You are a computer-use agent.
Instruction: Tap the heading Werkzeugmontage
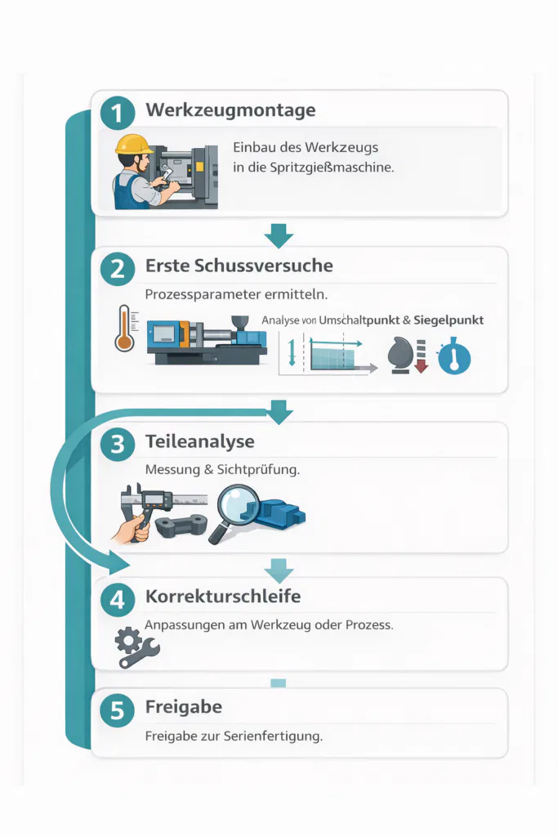pyautogui.click(x=230, y=110)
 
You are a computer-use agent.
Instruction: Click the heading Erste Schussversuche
pyautogui.click(x=239, y=266)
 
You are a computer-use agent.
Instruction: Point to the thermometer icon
pyautogui.click(x=125, y=329)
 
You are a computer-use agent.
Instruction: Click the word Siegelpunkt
pyautogui.click(x=449, y=320)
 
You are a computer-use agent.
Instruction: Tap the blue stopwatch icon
pyautogui.click(x=454, y=358)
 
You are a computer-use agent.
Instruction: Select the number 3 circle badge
pyautogui.click(x=117, y=445)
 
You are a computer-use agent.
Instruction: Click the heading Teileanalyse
pyautogui.click(x=199, y=441)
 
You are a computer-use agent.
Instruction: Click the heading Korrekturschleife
pyautogui.click(x=222, y=596)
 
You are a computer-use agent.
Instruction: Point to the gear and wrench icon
pyautogui.click(x=136, y=647)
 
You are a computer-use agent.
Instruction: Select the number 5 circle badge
pyautogui.click(x=117, y=710)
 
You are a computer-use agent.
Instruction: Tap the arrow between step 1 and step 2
pyautogui.click(x=279, y=235)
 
